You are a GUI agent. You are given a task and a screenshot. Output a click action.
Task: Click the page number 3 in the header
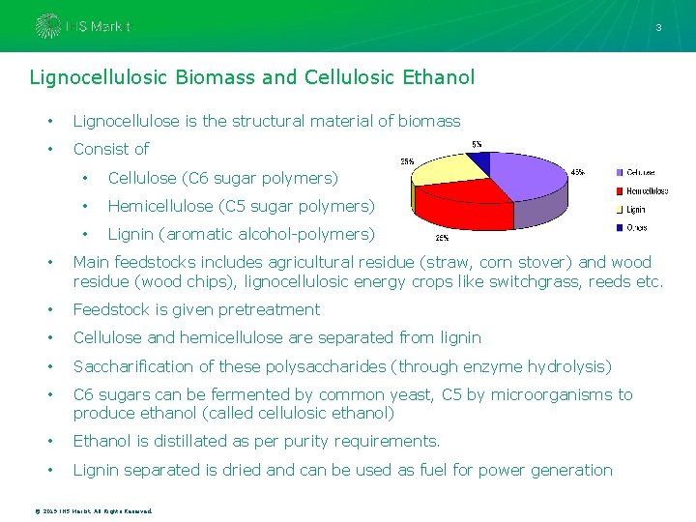click(658, 27)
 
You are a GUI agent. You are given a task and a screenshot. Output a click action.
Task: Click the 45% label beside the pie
click(577, 172)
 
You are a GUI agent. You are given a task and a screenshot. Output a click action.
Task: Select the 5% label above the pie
click(477, 144)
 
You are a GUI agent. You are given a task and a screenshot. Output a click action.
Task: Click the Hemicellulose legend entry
click(646, 190)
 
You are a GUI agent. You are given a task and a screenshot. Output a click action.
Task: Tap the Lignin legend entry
click(634, 209)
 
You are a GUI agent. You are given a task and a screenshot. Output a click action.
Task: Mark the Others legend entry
click(635, 227)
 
